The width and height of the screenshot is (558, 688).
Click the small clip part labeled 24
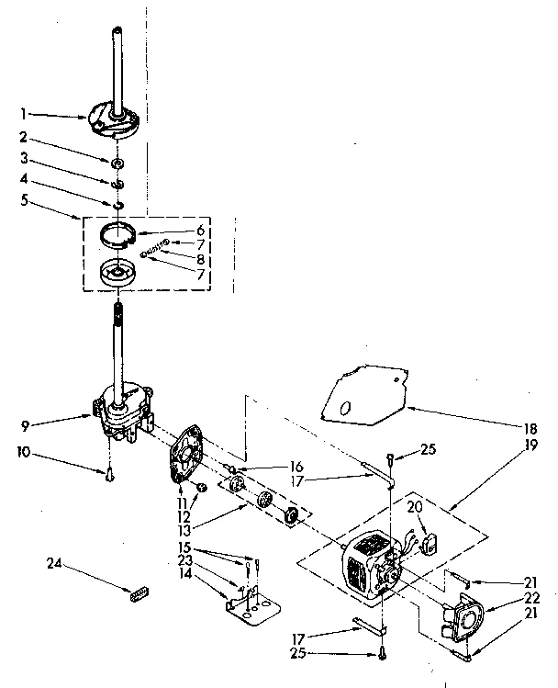pyautogui.click(x=139, y=594)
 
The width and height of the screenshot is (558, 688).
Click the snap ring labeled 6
pyautogui.click(x=121, y=238)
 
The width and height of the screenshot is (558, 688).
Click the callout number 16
pyautogui.click(x=296, y=467)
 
